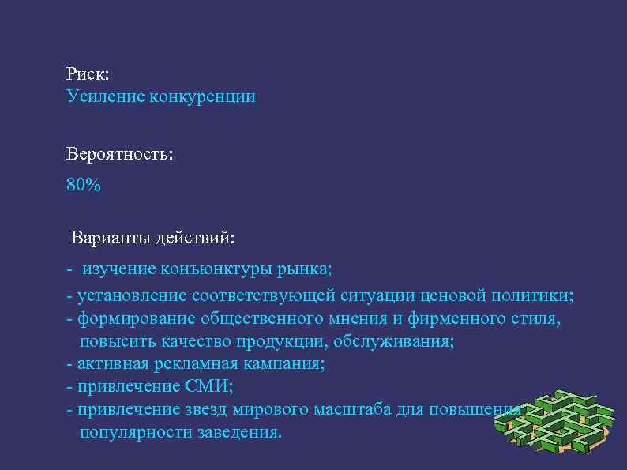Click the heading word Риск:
[x=88, y=74]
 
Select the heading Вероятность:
[x=119, y=155]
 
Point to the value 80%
[x=84, y=185]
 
